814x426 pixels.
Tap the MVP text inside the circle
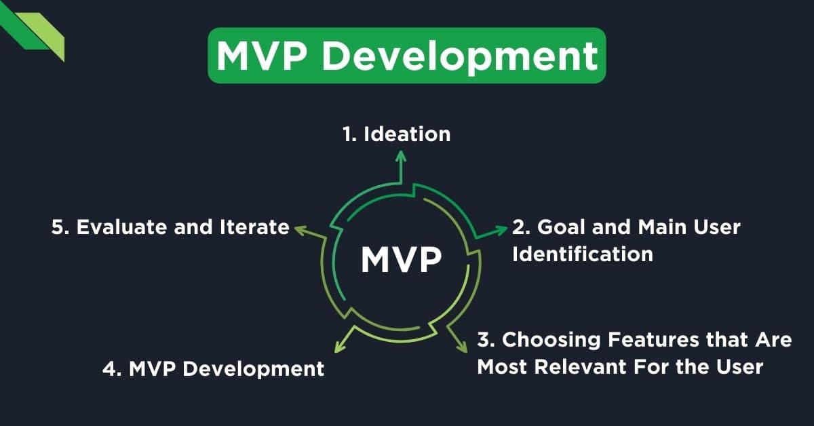[401, 259]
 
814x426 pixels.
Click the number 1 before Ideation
[347, 134]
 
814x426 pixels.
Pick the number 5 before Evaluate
[58, 227]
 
